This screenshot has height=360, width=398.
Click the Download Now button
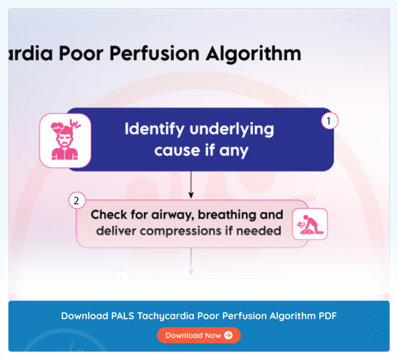point(198,335)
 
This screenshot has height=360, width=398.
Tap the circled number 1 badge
point(329,121)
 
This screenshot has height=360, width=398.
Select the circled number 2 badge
point(77,201)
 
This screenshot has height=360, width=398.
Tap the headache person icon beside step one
point(65,140)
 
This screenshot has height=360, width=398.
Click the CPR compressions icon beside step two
point(309,224)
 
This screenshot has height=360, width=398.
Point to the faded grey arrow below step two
point(191,262)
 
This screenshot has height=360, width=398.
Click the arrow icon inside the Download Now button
point(229,335)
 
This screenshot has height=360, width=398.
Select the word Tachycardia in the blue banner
point(163,315)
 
